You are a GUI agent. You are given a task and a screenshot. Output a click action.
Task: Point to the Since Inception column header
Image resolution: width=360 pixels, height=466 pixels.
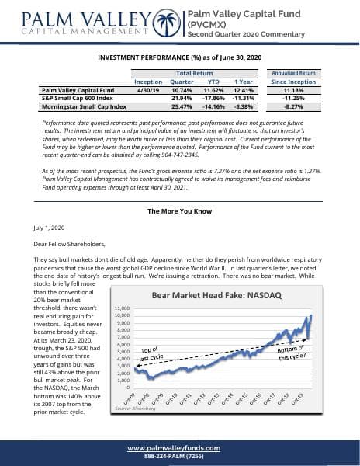(x=291, y=82)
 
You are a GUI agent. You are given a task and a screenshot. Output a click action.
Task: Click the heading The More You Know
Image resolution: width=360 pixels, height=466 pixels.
(x=179, y=211)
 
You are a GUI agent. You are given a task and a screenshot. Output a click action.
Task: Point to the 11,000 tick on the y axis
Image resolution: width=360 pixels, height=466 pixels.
(x=122, y=310)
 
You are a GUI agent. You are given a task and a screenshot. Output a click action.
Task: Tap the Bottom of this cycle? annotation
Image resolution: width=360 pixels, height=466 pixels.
(x=291, y=353)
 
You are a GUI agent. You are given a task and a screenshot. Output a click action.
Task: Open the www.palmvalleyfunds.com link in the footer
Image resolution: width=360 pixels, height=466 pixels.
(x=179, y=447)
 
